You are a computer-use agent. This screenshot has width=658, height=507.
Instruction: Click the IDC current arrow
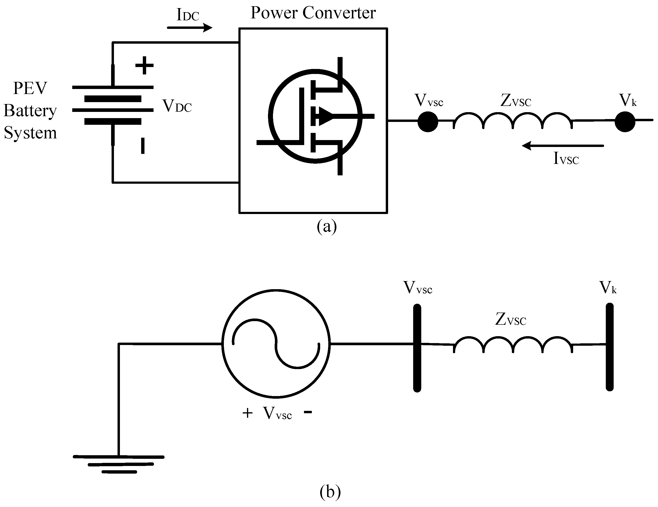click(x=190, y=28)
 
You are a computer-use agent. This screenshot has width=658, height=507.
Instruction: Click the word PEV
click(x=30, y=88)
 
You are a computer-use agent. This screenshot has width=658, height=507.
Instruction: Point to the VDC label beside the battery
click(x=177, y=106)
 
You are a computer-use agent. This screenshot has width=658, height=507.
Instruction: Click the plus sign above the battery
click(x=144, y=65)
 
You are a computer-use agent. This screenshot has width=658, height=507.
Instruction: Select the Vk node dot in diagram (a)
click(x=625, y=121)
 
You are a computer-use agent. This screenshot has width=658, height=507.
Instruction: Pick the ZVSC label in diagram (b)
click(x=511, y=319)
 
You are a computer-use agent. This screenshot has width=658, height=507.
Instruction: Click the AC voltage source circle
click(x=276, y=344)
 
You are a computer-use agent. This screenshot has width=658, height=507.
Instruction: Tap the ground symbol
click(x=119, y=464)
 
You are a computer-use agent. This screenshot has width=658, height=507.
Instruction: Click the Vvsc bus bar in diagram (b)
click(x=417, y=348)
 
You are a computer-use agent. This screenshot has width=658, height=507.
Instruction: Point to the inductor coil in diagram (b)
click(x=513, y=345)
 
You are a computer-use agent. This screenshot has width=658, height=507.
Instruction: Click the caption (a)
click(x=327, y=226)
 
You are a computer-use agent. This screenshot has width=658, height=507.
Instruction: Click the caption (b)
click(x=330, y=492)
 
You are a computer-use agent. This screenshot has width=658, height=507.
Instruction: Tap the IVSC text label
click(x=566, y=159)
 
